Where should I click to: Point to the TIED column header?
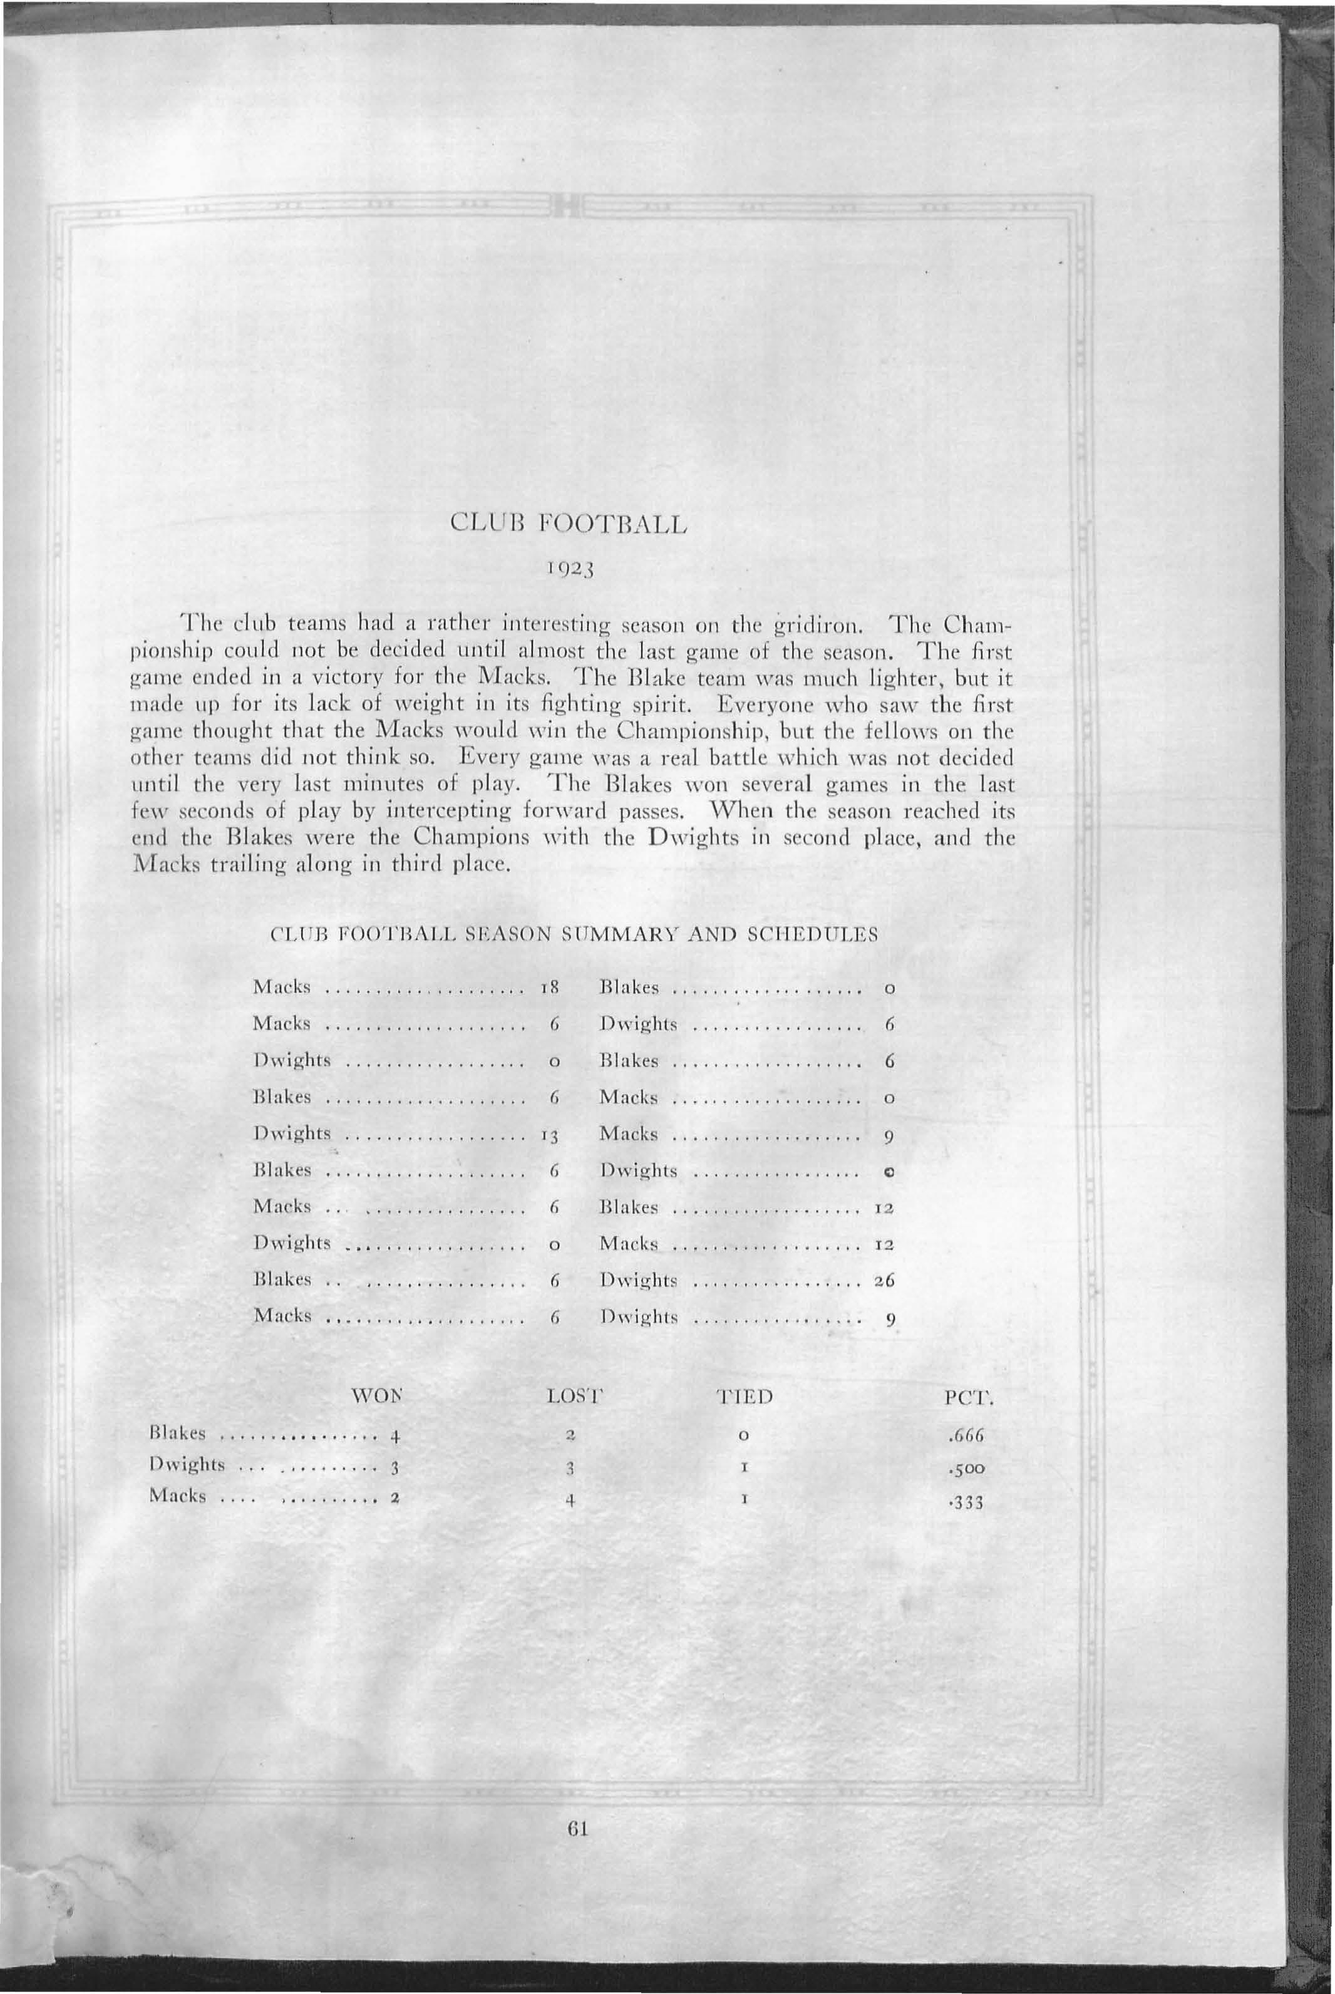743,1397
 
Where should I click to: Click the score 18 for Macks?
549,988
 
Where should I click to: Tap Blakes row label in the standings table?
178,1433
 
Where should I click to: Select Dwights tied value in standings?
743,1469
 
